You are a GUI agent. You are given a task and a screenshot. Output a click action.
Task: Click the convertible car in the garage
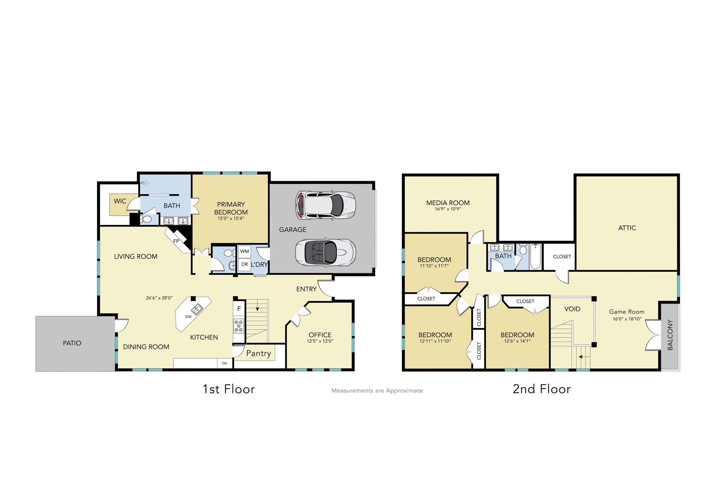coord(325,253)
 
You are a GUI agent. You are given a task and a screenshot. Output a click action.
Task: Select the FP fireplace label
coord(176,241)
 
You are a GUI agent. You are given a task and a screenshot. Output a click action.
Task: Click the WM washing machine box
coord(244,251)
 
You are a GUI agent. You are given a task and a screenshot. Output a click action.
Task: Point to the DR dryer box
coord(244,264)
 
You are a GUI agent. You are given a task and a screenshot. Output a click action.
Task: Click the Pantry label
coord(258,353)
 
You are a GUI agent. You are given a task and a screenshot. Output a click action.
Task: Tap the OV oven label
coord(225,363)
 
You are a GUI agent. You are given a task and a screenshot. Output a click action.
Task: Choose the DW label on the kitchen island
coord(188,316)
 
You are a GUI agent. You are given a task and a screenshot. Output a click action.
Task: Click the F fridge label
coord(239,309)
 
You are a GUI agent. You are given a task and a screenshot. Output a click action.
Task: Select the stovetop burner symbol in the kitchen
coord(239,326)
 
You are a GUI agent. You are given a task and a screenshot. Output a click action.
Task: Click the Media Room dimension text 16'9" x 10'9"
coord(448,209)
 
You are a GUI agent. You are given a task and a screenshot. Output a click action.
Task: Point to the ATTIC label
coord(627,228)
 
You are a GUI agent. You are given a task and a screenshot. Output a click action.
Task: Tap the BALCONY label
coord(670,335)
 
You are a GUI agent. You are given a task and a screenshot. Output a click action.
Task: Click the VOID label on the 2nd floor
coord(572,309)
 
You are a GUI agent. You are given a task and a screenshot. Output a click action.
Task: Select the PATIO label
coord(72,343)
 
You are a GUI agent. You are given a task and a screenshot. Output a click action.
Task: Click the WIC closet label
coord(120,201)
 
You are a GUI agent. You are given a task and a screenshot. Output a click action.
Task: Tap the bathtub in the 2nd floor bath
coord(535,257)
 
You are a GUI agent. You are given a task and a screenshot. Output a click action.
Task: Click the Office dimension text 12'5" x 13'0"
coord(320,341)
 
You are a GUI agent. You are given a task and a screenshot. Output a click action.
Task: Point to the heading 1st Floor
coord(229,389)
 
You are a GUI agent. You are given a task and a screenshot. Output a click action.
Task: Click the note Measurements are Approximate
coord(377,391)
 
